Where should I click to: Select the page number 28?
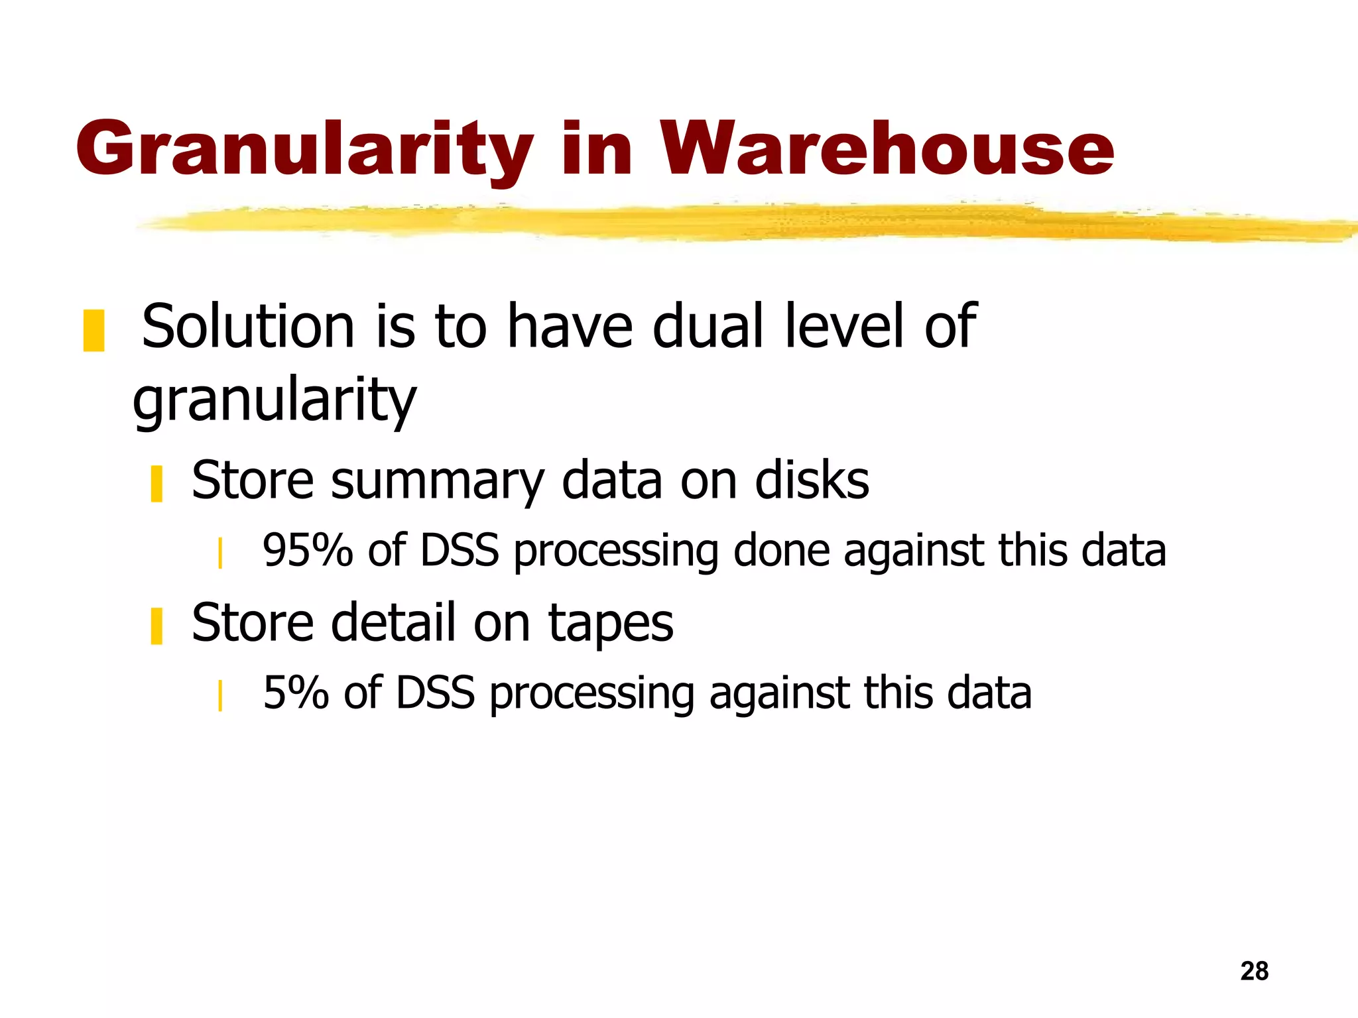pos(1254,971)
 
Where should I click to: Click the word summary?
pos(438,481)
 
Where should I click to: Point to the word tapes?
pos(610,623)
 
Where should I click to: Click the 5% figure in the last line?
pos(296,693)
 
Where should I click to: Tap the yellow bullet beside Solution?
pos(93,330)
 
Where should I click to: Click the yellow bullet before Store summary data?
pos(156,484)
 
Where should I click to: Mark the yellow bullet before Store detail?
pos(156,626)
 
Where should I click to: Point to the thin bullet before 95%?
pos(219,553)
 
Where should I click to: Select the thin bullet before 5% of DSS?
pos(219,695)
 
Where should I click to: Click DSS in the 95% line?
pos(459,550)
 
